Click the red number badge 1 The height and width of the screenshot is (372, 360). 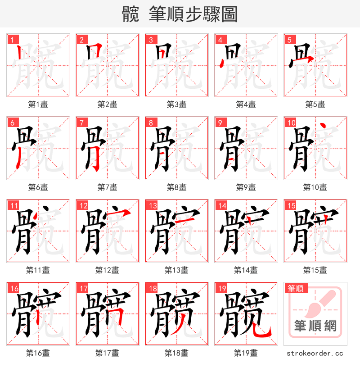tap(11, 39)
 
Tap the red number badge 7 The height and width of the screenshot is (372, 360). tap(81, 122)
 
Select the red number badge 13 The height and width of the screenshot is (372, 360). tap(151, 205)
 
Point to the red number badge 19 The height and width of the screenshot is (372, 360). tap(220, 288)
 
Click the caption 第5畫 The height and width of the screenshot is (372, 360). tap(315, 104)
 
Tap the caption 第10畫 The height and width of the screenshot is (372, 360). tap(315, 187)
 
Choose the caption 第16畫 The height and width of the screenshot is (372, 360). tap(38, 353)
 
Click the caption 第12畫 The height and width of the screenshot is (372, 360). tap(107, 270)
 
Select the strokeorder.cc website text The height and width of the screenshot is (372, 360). tap(315, 354)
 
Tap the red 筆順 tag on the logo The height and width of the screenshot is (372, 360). tap(296, 288)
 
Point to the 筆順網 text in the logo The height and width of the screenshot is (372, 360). tap(315, 326)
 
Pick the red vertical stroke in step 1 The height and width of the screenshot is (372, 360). tap(18, 53)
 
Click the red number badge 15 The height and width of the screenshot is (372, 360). tap(289, 205)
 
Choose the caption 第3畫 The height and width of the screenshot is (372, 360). tap(176, 104)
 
